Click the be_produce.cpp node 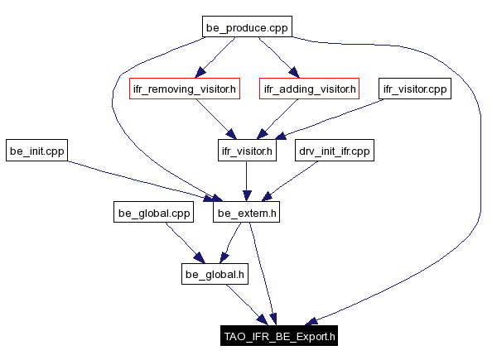248,28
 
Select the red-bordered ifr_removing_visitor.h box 185,89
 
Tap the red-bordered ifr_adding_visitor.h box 308,89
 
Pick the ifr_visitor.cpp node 414,89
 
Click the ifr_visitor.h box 245,151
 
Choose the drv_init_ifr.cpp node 335,151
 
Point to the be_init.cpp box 37,151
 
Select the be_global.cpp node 153,214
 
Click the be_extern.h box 245,214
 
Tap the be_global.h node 215,273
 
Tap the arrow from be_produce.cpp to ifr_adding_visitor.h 277,58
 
